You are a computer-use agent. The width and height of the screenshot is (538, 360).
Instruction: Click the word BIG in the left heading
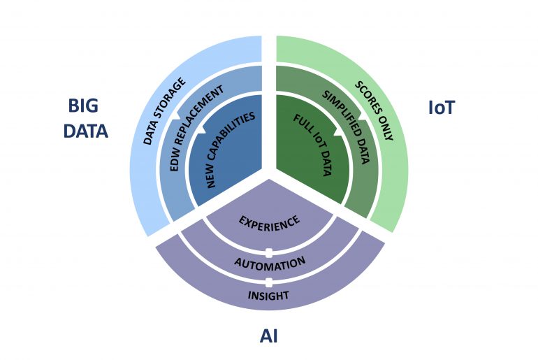(x=82, y=106)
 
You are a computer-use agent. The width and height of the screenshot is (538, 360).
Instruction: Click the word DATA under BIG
(x=87, y=131)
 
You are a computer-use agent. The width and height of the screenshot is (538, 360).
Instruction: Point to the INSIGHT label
(x=269, y=296)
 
